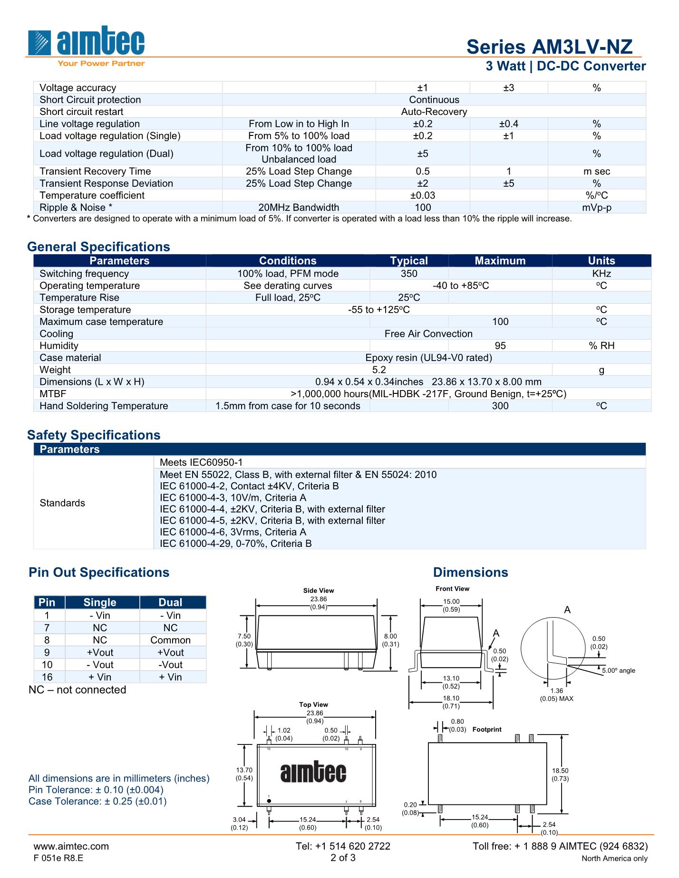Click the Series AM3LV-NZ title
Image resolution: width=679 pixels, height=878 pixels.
(x=549, y=47)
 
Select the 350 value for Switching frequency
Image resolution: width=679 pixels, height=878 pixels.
(x=409, y=274)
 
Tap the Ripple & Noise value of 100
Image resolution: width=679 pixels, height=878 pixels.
(x=423, y=208)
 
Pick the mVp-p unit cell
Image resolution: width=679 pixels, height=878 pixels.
(x=597, y=208)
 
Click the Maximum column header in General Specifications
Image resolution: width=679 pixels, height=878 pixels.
(x=500, y=261)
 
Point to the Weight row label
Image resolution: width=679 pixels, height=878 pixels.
(x=55, y=370)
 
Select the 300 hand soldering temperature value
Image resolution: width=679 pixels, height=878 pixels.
(x=500, y=406)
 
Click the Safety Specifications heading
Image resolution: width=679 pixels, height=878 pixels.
(x=94, y=435)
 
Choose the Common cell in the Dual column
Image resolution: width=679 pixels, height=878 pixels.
(x=170, y=640)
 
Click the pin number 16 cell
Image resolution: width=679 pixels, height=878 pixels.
(x=47, y=677)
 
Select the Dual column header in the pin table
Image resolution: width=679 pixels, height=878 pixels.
(x=170, y=602)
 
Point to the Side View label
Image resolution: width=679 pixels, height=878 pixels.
(x=319, y=591)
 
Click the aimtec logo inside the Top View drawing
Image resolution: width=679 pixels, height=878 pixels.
(x=313, y=773)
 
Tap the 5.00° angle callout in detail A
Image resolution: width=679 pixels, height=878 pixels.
(x=618, y=670)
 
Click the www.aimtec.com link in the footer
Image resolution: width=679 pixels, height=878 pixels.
(x=71, y=846)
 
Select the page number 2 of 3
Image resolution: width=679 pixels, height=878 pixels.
(x=343, y=858)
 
